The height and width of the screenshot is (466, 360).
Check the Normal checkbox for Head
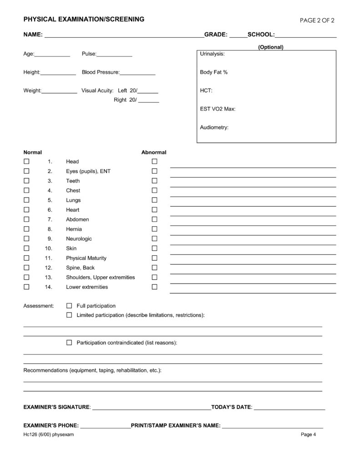pyautogui.click(x=26, y=162)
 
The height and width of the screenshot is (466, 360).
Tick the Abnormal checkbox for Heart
pyautogui.click(x=154, y=210)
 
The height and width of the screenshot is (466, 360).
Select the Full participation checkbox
pyautogui.click(x=69, y=306)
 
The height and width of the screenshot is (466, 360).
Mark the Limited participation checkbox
pyautogui.click(x=69, y=315)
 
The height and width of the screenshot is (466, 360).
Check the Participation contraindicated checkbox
pyautogui.click(x=69, y=342)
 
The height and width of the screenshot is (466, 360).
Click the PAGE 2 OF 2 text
pyautogui.click(x=318, y=20)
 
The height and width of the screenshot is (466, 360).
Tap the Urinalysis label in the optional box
pyautogui.click(x=212, y=54)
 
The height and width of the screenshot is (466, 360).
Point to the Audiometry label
pyautogui.click(x=214, y=127)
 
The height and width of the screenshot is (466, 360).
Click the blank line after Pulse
pyautogui.click(x=114, y=56)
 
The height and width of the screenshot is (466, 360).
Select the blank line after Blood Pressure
pyautogui.click(x=137, y=74)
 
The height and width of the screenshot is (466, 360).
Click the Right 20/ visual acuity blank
pyautogui.click(x=148, y=101)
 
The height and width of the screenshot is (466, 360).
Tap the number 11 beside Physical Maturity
pyautogui.click(x=49, y=258)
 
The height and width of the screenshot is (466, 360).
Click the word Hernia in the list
pyautogui.click(x=74, y=229)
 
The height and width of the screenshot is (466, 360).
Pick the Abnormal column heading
pyautogui.click(x=154, y=152)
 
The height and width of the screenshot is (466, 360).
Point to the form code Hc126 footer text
pyautogui.click(x=48, y=434)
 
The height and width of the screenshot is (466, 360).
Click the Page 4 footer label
pyautogui.click(x=308, y=434)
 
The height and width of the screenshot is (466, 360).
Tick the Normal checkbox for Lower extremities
pyautogui.click(x=26, y=287)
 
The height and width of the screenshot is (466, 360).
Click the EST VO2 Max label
pyautogui.click(x=218, y=109)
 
